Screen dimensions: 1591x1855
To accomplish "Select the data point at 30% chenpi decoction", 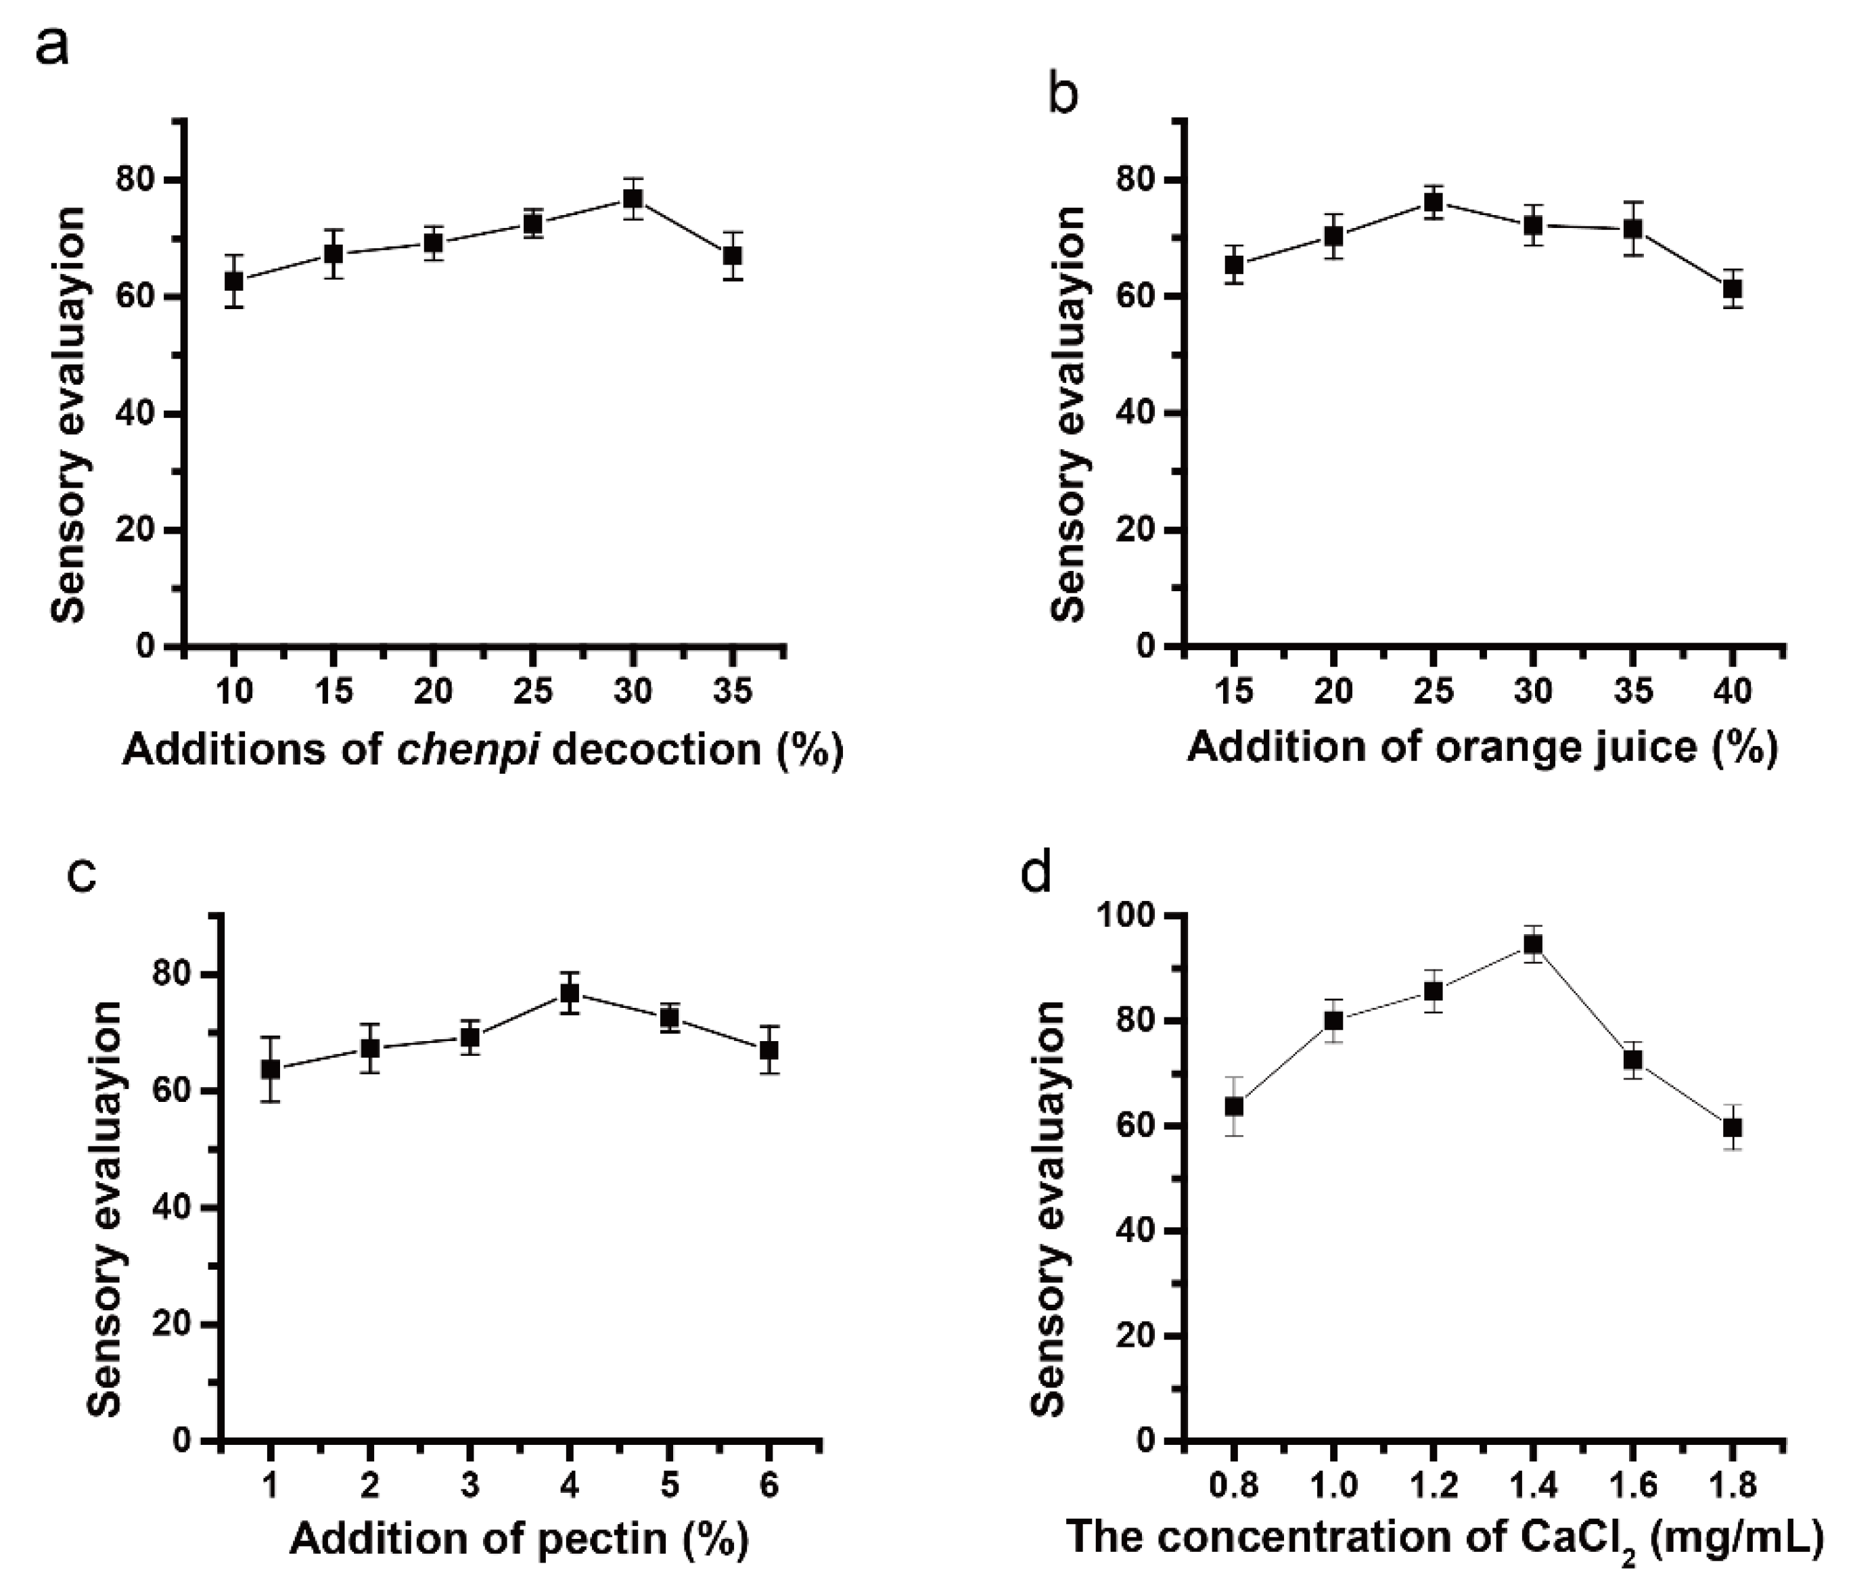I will tap(633, 199).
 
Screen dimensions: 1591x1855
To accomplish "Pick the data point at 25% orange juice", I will tap(1434, 202).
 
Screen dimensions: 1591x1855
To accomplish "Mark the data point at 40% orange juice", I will tap(1733, 288).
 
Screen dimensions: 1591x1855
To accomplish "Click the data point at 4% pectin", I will tap(570, 993).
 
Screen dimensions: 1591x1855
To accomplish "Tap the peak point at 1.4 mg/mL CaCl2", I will tap(1533, 944).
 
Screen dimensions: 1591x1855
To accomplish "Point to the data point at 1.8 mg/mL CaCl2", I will tap(1733, 1127).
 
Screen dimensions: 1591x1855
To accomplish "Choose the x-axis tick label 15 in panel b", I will tap(1235, 691).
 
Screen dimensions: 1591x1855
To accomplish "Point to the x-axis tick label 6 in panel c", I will tap(769, 1486).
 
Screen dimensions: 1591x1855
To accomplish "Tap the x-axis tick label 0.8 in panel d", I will tap(1234, 1486).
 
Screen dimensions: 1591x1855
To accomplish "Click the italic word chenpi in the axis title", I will tap(467, 749).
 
